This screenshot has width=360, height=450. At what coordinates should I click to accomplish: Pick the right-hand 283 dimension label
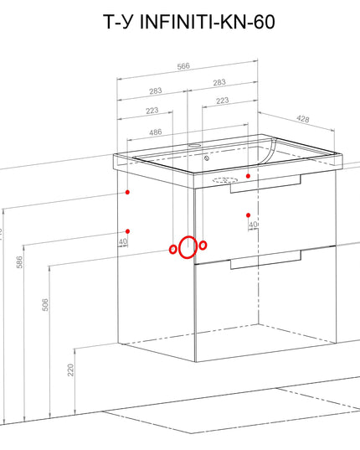point(219,83)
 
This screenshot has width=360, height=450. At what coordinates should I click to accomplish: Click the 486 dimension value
point(156,132)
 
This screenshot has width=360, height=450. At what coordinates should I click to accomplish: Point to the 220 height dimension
point(72,370)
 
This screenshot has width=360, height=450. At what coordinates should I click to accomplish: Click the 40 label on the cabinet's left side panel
point(123,241)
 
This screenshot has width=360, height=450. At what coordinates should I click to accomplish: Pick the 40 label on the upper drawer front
point(253,225)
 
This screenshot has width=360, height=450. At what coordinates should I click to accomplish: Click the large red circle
point(188,248)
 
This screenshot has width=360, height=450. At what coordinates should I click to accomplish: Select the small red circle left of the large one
point(173,249)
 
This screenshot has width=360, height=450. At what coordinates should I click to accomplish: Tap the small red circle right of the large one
point(202,245)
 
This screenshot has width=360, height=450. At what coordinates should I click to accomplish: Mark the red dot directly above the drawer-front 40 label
point(249,215)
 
